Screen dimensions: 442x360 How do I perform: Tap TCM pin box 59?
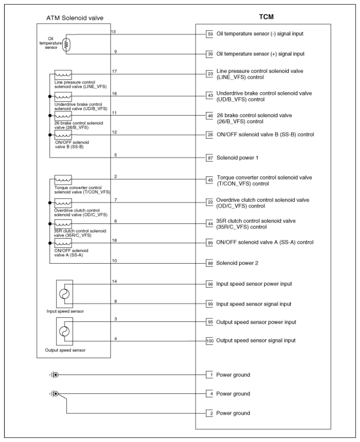click(x=210, y=34)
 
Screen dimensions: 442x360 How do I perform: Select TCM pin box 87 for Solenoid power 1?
click(x=210, y=157)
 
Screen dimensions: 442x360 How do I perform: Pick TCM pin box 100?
click(x=210, y=340)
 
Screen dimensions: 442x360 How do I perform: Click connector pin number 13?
click(x=114, y=31)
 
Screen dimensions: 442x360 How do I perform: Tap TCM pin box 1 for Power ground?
click(x=210, y=375)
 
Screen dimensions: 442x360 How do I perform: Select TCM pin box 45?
click(x=210, y=180)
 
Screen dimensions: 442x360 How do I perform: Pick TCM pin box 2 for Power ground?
click(x=210, y=413)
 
